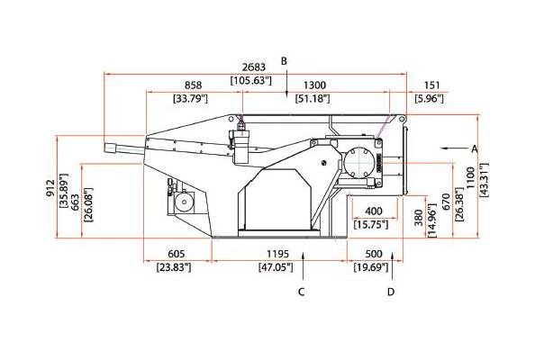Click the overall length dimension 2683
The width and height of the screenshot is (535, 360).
tap(253, 67)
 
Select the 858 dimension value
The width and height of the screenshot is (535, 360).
tap(193, 85)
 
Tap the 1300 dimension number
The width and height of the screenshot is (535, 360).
tap(314, 85)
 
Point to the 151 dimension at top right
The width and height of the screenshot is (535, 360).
tap(431, 85)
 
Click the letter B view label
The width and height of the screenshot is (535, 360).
tap(284, 61)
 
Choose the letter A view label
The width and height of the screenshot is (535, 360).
tap(475, 148)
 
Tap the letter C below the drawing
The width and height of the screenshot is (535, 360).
tap(301, 292)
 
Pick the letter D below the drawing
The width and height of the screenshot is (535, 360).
tap(391, 292)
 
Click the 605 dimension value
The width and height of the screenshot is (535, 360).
tap(177, 254)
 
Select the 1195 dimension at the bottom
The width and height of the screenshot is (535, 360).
tap(277, 254)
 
